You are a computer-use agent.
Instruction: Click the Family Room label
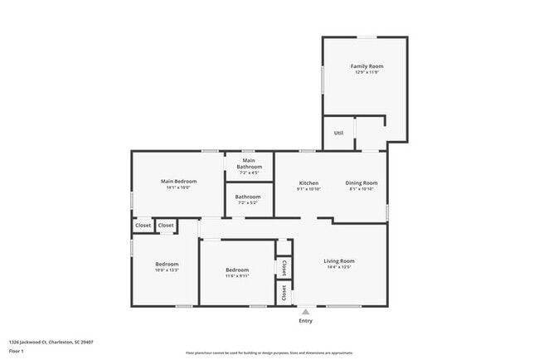tap(367, 66)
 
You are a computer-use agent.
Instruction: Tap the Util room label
tap(338, 133)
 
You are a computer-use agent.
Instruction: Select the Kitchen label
tap(308, 182)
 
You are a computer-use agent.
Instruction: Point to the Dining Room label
tap(362, 182)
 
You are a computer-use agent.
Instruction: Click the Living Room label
tap(339, 260)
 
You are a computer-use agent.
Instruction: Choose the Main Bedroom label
tap(178, 181)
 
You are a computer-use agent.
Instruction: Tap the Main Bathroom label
tap(250, 163)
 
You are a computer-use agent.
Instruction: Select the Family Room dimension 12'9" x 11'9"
tap(367, 73)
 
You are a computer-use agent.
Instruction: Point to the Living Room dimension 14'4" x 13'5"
tap(339, 267)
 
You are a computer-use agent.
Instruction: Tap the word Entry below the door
tap(306, 321)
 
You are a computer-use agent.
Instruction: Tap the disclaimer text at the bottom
tap(269, 353)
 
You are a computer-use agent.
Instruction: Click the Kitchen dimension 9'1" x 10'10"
tap(308, 189)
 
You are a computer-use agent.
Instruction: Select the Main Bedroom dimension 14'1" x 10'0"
tap(178, 187)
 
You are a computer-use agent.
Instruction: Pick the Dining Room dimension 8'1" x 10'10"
tap(362, 189)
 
